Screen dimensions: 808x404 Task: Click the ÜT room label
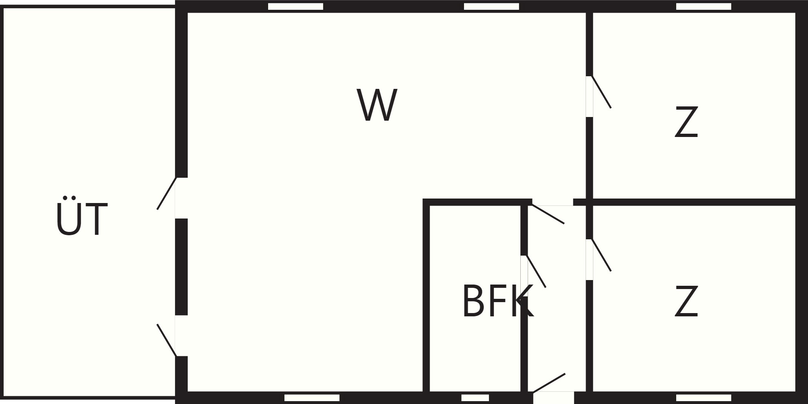click(x=82, y=216)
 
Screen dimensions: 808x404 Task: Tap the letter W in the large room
click(x=377, y=105)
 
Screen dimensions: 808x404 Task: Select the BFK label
click(x=497, y=301)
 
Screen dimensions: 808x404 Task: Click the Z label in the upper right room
click(x=686, y=122)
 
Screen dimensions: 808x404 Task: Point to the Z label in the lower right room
click(x=686, y=301)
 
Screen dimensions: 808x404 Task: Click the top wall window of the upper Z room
click(x=704, y=7)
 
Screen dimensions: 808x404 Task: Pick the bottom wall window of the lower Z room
click(x=704, y=397)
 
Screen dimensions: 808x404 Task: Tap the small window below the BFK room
click(x=475, y=397)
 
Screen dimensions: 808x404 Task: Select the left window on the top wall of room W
click(x=295, y=7)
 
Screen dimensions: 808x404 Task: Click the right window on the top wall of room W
click(x=491, y=7)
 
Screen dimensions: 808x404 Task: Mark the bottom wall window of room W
click(x=312, y=397)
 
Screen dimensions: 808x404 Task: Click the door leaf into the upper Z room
click(x=602, y=92)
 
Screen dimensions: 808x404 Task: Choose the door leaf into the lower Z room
click(x=602, y=255)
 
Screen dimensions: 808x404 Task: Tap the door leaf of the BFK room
click(x=536, y=272)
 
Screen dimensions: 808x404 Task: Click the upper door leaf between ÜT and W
click(x=166, y=193)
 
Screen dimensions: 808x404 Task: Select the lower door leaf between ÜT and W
click(x=166, y=340)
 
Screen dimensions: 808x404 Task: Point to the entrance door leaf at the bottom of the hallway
click(x=549, y=383)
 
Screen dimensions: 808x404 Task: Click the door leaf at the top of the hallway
click(x=548, y=214)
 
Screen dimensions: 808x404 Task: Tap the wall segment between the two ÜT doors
click(x=181, y=267)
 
